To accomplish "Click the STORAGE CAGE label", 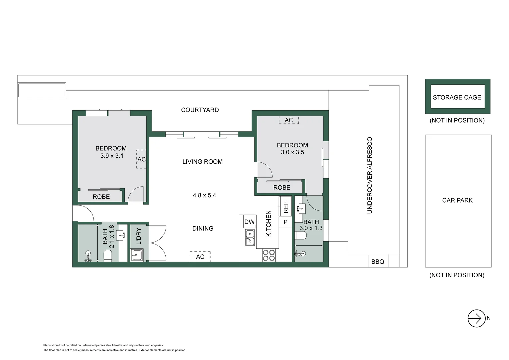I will click(x=457, y=97).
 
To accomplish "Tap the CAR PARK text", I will click(x=457, y=200).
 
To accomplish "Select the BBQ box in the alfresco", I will click(x=378, y=262).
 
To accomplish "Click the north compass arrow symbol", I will click(x=476, y=318).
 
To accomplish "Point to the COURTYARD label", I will click(x=200, y=110).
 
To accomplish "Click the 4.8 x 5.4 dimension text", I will click(x=204, y=195).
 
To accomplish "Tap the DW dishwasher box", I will click(x=249, y=222).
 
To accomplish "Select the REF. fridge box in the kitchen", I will click(x=286, y=207).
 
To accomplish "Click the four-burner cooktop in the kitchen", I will click(x=269, y=255).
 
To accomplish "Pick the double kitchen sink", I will click(x=250, y=237).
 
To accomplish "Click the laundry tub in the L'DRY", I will click(x=137, y=255).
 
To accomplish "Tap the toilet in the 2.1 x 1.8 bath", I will click(x=108, y=256).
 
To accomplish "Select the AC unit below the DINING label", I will click(x=200, y=257).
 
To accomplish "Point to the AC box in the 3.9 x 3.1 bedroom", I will click(x=141, y=159).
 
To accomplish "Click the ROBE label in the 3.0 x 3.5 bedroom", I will click(x=282, y=188).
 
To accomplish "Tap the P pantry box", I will click(x=285, y=222).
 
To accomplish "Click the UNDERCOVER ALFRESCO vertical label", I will click(x=369, y=175).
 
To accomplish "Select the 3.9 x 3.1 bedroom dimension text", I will click(x=112, y=156).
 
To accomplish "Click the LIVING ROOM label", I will click(x=202, y=162).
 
